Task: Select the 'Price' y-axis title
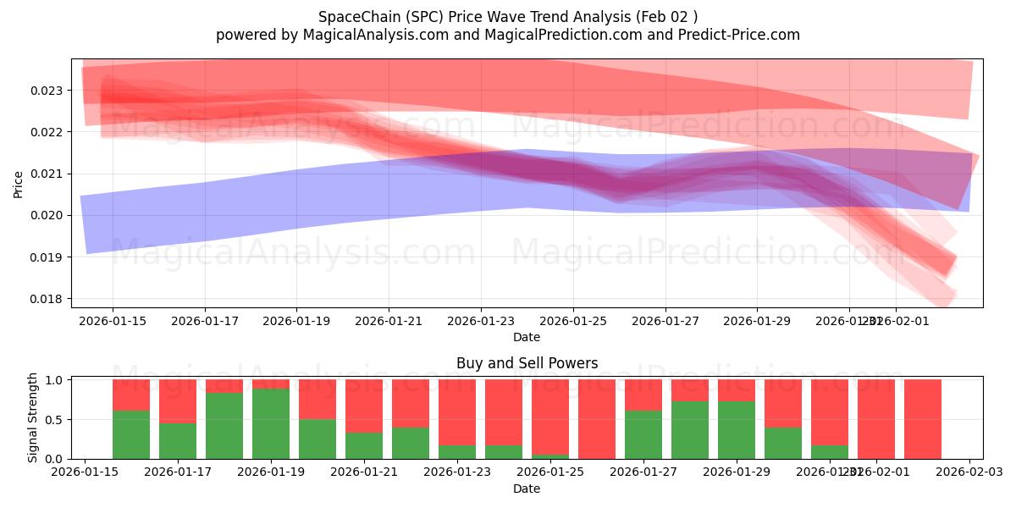[x=19, y=184]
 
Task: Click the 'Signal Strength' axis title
[x=33, y=418]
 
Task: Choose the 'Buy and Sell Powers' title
[x=527, y=363]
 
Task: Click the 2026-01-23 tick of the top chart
[x=481, y=322]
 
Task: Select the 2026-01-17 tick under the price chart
[x=205, y=322]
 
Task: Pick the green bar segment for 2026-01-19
[x=271, y=424]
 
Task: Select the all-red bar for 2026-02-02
[x=923, y=419]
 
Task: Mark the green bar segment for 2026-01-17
[x=178, y=441]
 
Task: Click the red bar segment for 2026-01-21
[x=364, y=406]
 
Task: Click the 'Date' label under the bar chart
[x=527, y=489]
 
